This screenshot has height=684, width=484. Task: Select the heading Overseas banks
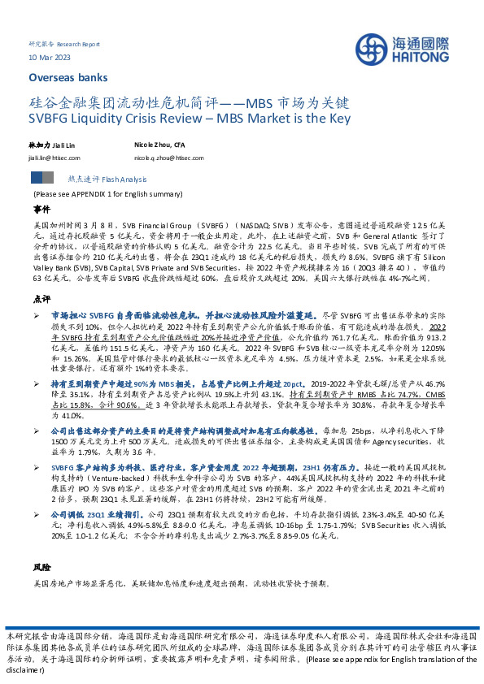(62, 79)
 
